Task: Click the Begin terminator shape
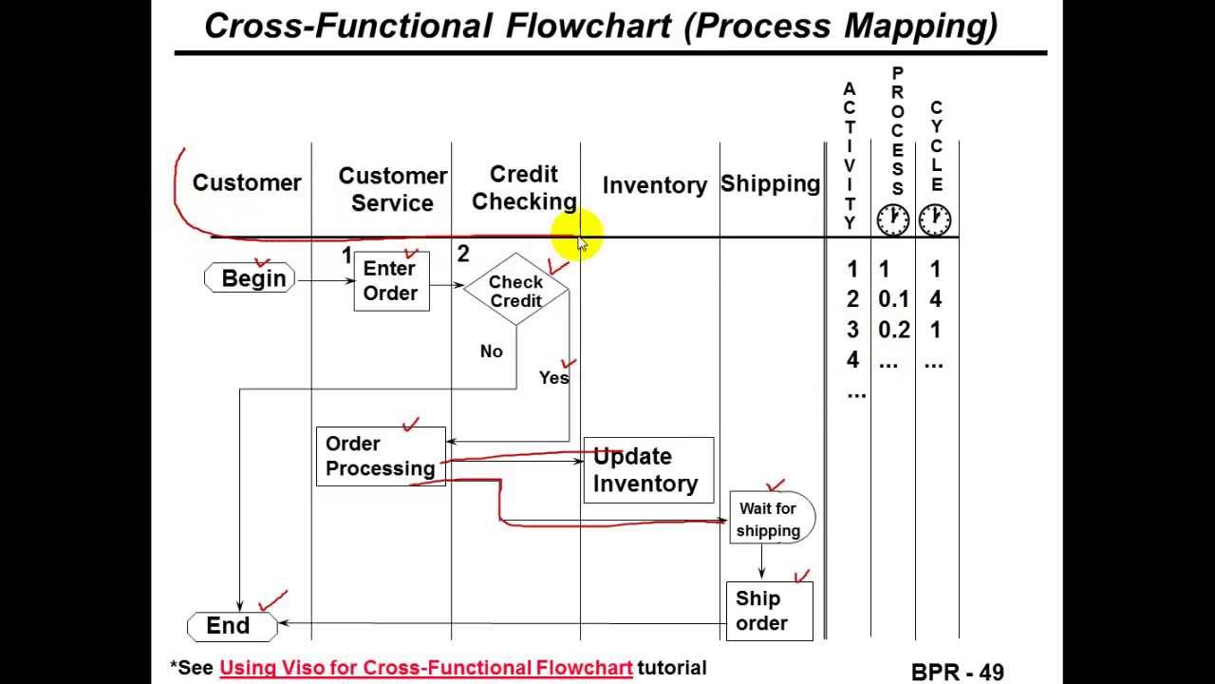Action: pyautogui.click(x=251, y=278)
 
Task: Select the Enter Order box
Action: pyautogui.click(x=391, y=281)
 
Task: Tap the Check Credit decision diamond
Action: pyautogui.click(x=515, y=291)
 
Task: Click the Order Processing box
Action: pyautogui.click(x=380, y=457)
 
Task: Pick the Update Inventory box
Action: pyautogui.click(x=647, y=469)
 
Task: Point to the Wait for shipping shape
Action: pyautogui.click(x=770, y=519)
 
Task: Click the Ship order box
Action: pyautogui.click(x=768, y=611)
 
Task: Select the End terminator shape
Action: pyautogui.click(x=231, y=626)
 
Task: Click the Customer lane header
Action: pyautogui.click(x=246, y=182)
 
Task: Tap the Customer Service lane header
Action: pyautogui.click(x=392, y=189)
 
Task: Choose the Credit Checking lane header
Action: pyautogui.click(x=524, y=188)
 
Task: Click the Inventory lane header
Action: pyautogui.click(x=654, y=185)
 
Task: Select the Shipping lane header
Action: pyautogui.click(x=770, y=183)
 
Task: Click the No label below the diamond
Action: pyautogui.click(x=491, y=351)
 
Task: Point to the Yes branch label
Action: pyautogui.click(x=553, y=377)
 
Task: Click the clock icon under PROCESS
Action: pyautogui.click(x=892, y=219)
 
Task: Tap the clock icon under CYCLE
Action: pyautogui.click(x=935, y=219)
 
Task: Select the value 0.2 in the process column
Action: pyautogui.click(x=893, y=330)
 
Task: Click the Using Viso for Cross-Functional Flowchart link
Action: pyautogui.click(x=425, y=668)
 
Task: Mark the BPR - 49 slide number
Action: pyautogui.click(x=957, y=672)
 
